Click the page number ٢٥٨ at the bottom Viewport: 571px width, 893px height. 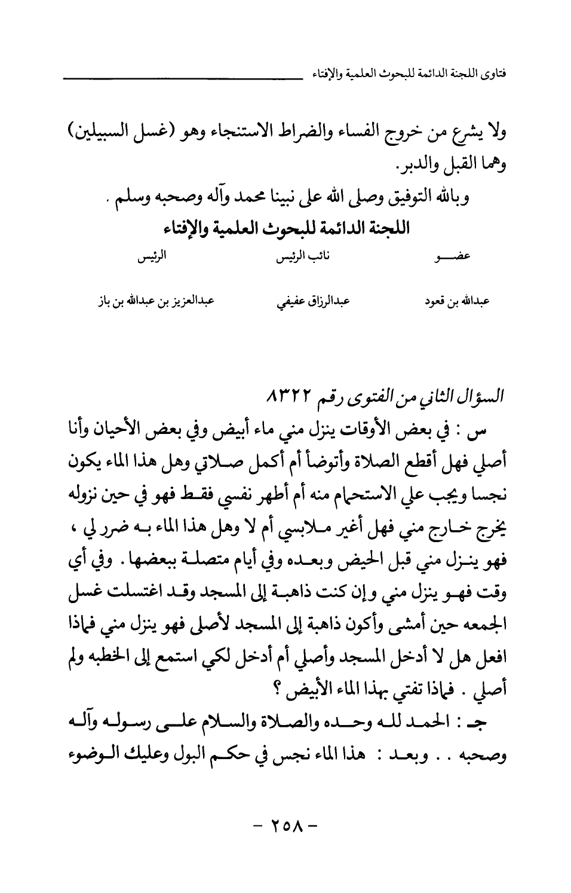click(x=285, y=829)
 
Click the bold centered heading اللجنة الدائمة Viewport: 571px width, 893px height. click(x=285, y=228)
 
